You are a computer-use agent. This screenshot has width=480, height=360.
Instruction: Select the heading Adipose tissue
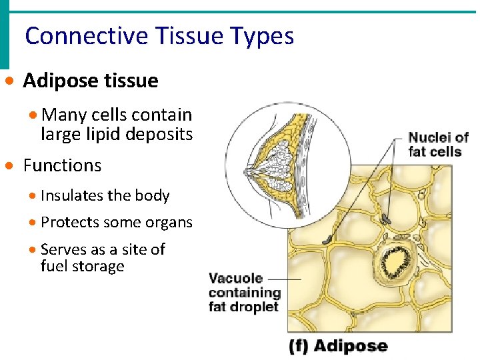tap(91, 81)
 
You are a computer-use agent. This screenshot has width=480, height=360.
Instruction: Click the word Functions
tap(62, 165)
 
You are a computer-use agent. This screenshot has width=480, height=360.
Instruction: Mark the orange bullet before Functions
tap(8, 165)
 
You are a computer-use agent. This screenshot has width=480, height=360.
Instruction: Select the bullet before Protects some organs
tap(34, 223)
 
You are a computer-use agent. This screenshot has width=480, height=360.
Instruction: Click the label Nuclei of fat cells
tap(438, 145)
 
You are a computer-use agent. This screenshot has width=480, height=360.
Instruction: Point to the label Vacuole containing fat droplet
tap(245, 293)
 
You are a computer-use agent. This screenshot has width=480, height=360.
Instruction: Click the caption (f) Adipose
tap(337, 345)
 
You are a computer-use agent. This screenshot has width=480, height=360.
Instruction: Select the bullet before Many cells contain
tap(34, 115)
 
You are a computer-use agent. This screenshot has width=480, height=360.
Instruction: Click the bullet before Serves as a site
tap(34, 250)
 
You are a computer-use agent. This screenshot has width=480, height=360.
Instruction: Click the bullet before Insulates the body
tap(34, 196)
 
